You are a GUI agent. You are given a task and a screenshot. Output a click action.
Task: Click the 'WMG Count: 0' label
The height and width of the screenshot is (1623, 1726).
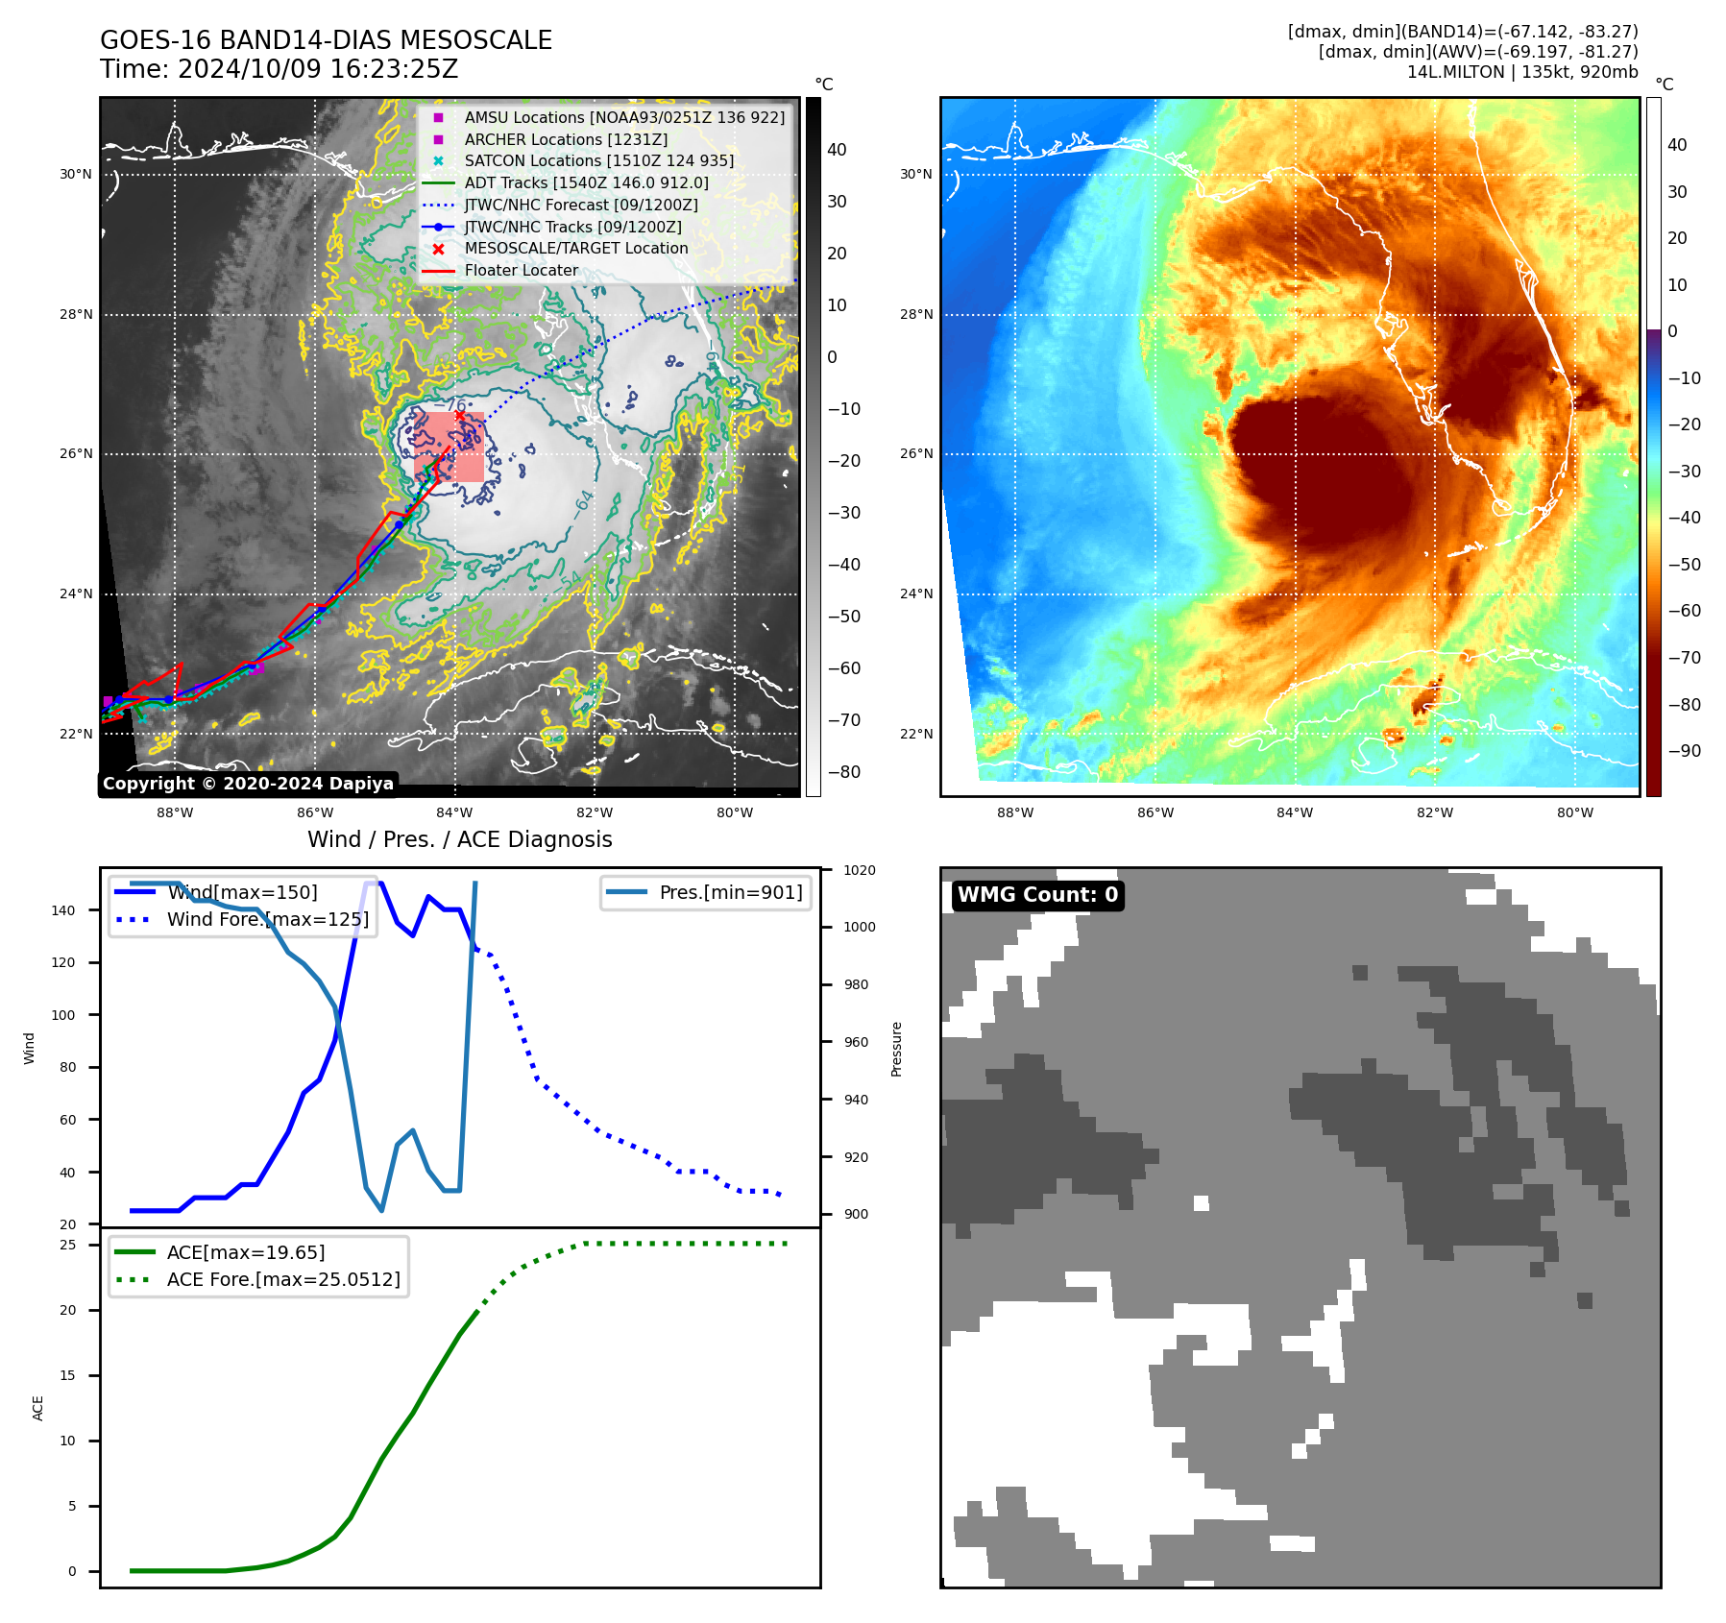1037,895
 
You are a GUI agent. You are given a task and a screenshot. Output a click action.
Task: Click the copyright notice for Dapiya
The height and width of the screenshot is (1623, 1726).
248,784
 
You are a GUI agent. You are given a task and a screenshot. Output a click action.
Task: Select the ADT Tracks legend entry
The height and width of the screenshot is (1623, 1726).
586,182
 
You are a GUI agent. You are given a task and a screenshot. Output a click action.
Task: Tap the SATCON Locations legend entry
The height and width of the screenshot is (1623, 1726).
598,160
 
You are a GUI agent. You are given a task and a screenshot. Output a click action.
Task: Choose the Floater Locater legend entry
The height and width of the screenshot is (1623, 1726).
521,270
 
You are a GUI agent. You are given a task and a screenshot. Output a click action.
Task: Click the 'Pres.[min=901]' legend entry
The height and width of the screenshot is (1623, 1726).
730,892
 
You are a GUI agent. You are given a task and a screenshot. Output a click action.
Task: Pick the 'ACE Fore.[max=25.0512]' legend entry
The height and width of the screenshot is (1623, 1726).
283,1279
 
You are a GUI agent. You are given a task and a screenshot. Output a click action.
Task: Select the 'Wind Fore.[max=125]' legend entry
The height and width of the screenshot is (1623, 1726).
267,919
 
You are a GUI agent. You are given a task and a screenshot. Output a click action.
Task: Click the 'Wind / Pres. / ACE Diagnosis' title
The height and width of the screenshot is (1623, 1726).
459,839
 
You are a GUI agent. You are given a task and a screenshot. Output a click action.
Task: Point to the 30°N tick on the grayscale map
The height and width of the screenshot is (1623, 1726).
76,175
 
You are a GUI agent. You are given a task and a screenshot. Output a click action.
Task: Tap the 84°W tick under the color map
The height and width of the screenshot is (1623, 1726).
1295,812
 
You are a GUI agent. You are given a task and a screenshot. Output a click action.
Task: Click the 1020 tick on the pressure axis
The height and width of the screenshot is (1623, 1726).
859,870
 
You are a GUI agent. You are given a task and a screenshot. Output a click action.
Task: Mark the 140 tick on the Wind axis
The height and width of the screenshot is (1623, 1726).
63,910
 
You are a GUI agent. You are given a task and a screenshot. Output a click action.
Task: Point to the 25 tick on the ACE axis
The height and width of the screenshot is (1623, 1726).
68,1245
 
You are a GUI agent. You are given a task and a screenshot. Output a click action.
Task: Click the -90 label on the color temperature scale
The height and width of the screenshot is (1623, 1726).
1684,751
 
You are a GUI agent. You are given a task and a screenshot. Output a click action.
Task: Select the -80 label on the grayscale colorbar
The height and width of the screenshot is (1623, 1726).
844,772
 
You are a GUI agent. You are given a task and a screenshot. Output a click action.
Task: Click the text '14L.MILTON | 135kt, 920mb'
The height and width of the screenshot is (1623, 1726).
1521,72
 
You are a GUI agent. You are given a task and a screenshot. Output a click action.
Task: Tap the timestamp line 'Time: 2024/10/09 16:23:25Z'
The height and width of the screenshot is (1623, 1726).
279,69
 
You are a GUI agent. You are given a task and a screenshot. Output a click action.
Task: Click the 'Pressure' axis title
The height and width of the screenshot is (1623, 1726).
896,1049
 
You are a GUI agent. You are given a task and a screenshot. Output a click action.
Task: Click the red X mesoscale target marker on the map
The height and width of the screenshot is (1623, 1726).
459,416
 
